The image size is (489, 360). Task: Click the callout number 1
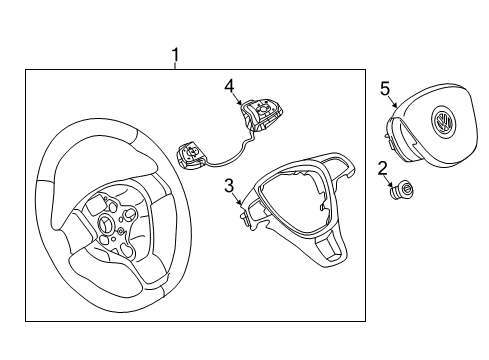(x=175, y=55)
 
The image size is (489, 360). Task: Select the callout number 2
(x=383, y=169)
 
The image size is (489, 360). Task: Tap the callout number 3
(x=229, y=186)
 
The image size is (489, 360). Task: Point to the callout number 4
(x=229, y=87)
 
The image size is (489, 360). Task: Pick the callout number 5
(x=385, y=89)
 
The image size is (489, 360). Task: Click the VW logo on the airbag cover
(x=442, y=121)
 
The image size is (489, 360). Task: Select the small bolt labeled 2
(x=402, y=190)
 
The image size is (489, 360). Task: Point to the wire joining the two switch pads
(x=233, y=154)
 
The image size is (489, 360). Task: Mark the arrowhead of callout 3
(x=240, y=202)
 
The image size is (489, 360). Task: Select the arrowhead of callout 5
(x=396, y=106)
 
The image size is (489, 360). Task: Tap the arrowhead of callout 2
(x=392, y=186)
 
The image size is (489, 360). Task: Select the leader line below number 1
(x=175, y=66)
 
